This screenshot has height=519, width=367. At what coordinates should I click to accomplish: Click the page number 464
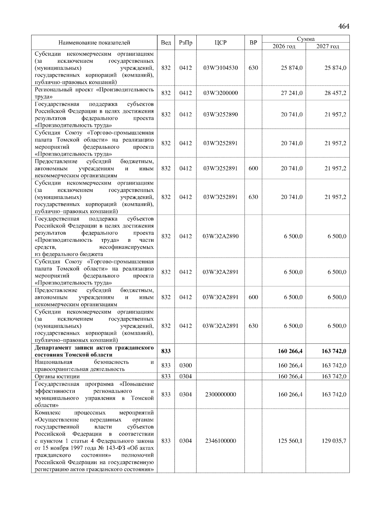[x=343, y=27]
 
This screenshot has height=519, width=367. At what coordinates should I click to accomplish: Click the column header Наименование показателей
[x=94, y=43]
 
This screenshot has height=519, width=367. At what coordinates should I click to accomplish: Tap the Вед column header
[x=166, y=43]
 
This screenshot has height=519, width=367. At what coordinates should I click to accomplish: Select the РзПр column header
[x=185, y=43]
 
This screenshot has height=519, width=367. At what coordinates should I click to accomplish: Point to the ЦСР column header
[x=221, y=43]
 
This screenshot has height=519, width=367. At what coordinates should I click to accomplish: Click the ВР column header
[x=253, y=43]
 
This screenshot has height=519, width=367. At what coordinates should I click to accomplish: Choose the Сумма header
[x=306, y=39]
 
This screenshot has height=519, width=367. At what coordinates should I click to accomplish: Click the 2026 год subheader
[x=284, y=46]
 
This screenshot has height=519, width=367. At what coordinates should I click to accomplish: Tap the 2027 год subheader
[x=328, y=46]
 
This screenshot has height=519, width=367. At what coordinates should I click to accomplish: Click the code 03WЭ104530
[x=221, y=68]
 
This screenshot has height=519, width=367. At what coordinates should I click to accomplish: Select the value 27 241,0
[x=291, y=93]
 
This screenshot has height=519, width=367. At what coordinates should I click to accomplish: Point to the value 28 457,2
[x=335, y=93]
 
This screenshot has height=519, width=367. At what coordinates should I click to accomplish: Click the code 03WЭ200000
[x=221, y=93]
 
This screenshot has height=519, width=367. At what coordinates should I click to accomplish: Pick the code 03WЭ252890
[x=221, y=115]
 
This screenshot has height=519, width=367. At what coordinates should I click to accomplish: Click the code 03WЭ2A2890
[x=221, y=236]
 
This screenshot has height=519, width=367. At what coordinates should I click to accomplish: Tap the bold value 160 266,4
[x=290, y=351]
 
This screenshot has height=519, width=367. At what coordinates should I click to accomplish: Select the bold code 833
[x=166, y=351]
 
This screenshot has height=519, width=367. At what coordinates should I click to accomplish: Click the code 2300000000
[x=221, y=395]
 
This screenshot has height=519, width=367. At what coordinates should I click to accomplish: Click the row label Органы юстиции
[x=57, y=377]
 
